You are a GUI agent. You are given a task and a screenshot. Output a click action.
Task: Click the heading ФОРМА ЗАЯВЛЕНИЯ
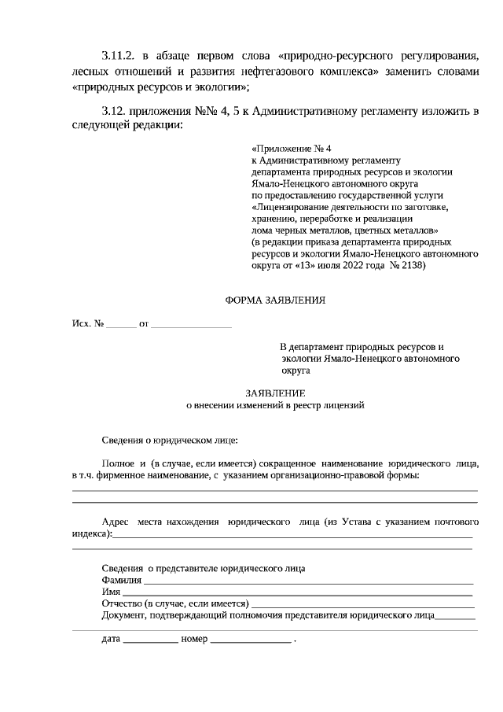pyautogui.click(x=274, y=300)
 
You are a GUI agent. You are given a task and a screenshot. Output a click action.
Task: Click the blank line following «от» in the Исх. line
pyautogui.click(x=191, y=323)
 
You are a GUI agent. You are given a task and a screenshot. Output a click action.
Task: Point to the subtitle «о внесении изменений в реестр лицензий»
pyautogui.click(x=274, y=405)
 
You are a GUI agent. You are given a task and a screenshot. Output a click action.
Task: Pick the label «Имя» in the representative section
pyautogui.click(x=111, y=592)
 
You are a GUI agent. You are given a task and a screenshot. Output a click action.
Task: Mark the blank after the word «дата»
pyautogui.click(x=150, y=640)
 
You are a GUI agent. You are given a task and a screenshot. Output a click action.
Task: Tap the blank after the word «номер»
pyautogui.click(x=250, y=640)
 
